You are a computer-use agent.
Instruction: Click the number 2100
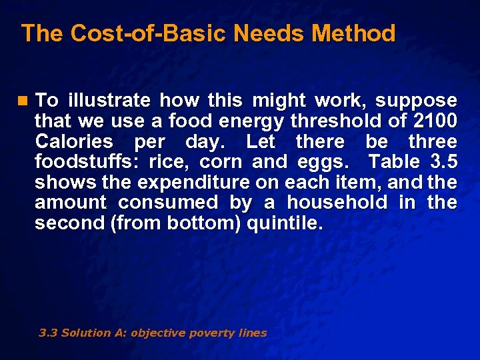point(433,121)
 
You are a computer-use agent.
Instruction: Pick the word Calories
point(74,141)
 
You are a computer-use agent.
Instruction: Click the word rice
point(171,162)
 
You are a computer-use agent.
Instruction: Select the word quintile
point(285,223)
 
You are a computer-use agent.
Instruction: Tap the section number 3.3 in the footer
point(48,333)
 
